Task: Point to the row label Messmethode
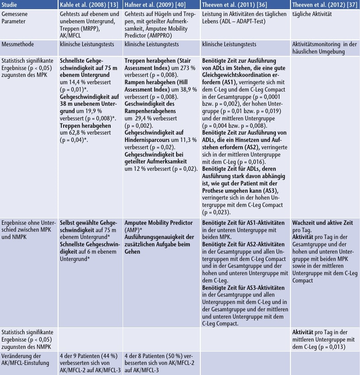tap(17, 44)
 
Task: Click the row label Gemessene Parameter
tap(15, 18)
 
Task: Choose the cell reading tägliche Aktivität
tap(313, 15)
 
